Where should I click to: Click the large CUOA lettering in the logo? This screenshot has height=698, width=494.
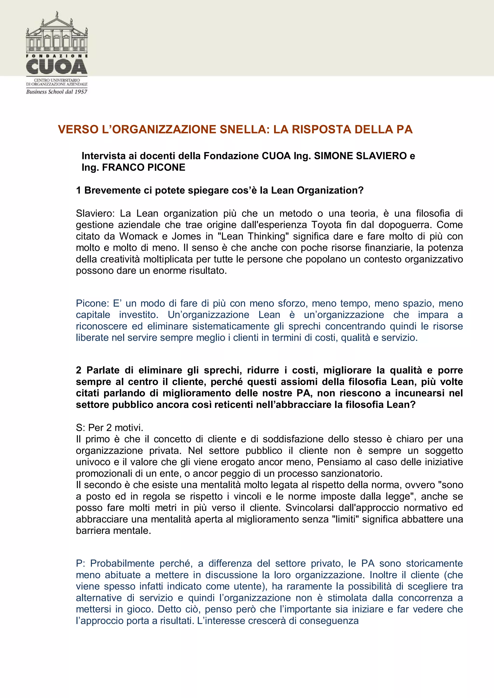57,66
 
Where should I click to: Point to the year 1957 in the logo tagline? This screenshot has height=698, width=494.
81,92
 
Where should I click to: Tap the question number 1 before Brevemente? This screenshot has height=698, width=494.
79,190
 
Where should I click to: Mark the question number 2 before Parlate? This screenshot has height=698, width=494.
79,370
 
